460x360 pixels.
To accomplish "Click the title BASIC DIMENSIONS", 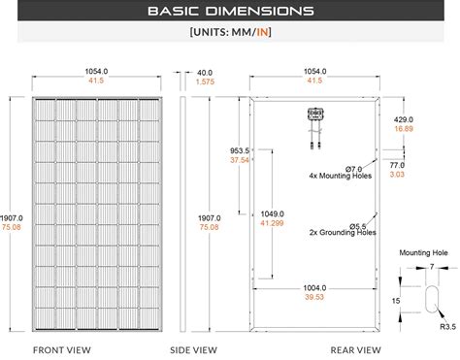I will [230, 12].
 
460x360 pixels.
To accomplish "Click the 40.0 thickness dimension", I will [204, 73].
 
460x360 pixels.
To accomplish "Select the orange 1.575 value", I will [205, 82].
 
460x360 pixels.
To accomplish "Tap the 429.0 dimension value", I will [404, 116].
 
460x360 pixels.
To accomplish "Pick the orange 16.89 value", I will [404, 127].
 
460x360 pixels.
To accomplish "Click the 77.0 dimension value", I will [397, 166].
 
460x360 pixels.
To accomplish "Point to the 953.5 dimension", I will [240, 150].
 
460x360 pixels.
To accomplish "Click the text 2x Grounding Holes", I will [343, 233].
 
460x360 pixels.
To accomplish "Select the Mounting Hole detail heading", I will [425, 251].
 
